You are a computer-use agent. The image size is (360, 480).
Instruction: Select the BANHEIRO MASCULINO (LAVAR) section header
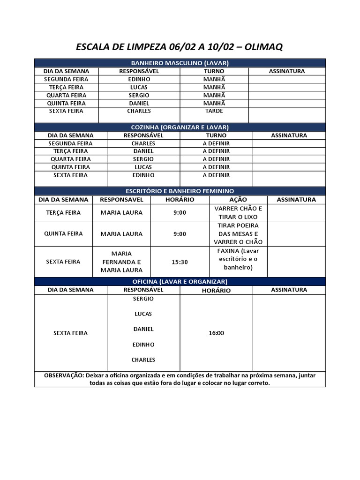pyautogui.click(x=180, y=63)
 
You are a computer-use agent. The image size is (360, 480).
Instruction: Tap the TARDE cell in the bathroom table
pyautogui.click(x=214, y=111)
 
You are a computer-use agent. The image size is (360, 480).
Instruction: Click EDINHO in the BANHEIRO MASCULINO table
pyautogui.click(x=139, y=79)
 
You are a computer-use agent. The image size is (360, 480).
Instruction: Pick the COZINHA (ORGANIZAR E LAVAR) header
pyautogui.click(x=180, y=127)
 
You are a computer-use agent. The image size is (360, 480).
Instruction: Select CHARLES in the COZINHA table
pyautogui.click(x=143, y=143)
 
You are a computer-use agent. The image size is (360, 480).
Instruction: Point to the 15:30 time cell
pyautogui.click(x=180, y=262)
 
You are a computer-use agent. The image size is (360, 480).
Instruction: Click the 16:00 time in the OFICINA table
pyautogui.click(x=216, y=333)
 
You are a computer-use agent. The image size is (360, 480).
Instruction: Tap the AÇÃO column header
pyautogui.click(x=238, y=200)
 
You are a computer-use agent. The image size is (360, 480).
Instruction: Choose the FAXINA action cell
pyautogui.click(x=238, y=259)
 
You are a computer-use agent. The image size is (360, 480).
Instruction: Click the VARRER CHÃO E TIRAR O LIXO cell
pyautogui.click(x=238, y=213)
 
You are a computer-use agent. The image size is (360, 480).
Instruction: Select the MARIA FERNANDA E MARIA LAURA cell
pyautogui.click(x=121, y=262)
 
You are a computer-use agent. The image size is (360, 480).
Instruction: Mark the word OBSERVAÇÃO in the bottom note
pyautogui.click(x=64, y=375)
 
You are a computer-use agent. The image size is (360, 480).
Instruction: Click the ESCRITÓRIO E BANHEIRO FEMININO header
pyautogui.click(x=180, y=191)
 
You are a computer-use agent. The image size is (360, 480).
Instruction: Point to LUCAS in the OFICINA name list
pyautogui.click(x=143, y=314)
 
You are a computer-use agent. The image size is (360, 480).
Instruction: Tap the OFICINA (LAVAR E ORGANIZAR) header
pyautogui.click(x=180, y=281)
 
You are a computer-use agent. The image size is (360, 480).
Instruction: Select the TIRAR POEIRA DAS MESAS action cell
pyautogui.click(x=238, y=234)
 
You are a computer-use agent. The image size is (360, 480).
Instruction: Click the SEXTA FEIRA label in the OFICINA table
pyautogui.click(x=70, y=333)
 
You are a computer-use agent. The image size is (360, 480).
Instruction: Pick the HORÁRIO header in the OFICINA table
pyautogui.click(x=216, y=290)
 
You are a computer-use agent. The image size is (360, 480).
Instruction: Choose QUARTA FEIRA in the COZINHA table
pyautogui.click(x=71, y=159)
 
